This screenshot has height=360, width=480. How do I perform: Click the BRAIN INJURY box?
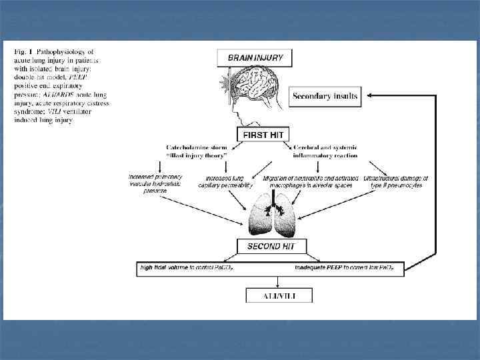(255, 58)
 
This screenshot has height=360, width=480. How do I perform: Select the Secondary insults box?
(325, 96)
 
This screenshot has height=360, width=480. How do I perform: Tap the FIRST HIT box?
(263, 135)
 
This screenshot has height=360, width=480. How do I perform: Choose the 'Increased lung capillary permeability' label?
(225, 181)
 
